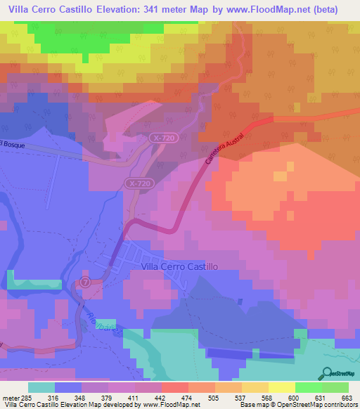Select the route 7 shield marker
tap(84, 281)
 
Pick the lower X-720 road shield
tap(139, 183)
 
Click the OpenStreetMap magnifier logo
tap(328, 372)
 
